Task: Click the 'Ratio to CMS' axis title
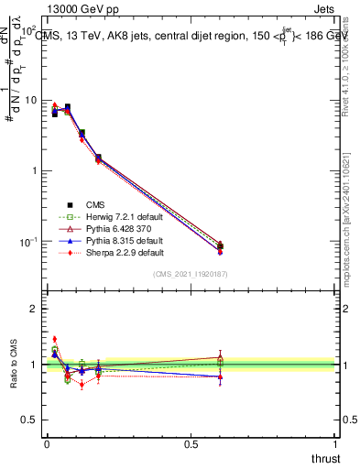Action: [x=13, y=365]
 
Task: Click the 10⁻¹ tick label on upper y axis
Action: [x=27, y=242]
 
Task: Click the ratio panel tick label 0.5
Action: [x=31, y=420]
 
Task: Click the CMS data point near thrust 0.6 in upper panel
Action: [x=220, y=245]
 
